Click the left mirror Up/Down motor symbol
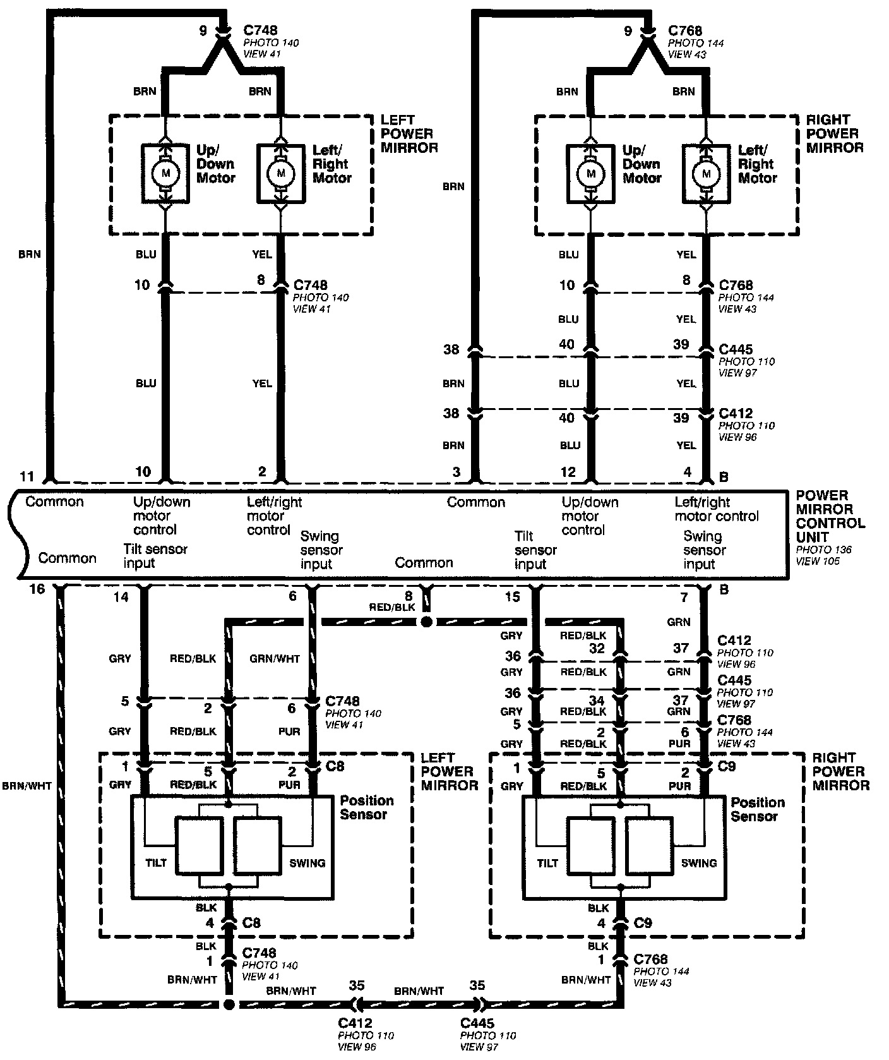pyautogui.click(x=165, y=173)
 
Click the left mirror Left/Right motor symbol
pyautogui.click(x=281, y=173)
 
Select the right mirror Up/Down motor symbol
pyautogui.click(x=591, y=173)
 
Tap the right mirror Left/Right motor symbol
pyautogui.click(x=707, y=173)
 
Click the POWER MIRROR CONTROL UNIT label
pyautogui.click(x=830, y=516)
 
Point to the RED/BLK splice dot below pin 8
pyautogui.click(x=426, y=622)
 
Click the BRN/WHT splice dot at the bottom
pyautogui.click(x=229, y=1004)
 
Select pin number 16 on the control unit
pyautogui.click(x=37, y=589)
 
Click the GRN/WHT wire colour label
pyautogui.click(x=275, y=658)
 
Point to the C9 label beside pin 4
pyautogui.click(x=643, y=923)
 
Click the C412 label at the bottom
pyautogui.click(x=355, y=1023)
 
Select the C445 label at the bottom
pyautogui.click(x=477, y=1023)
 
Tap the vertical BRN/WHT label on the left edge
pyautogui.click(x=27, y=786)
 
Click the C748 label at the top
pyautogui.click(x=260, y=30)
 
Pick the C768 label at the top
pyautogui.click(x=685, y=30)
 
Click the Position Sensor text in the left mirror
pyautogui.click(x=367, y=807)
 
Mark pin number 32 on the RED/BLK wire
pyautogui.click(x=597, y=648)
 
